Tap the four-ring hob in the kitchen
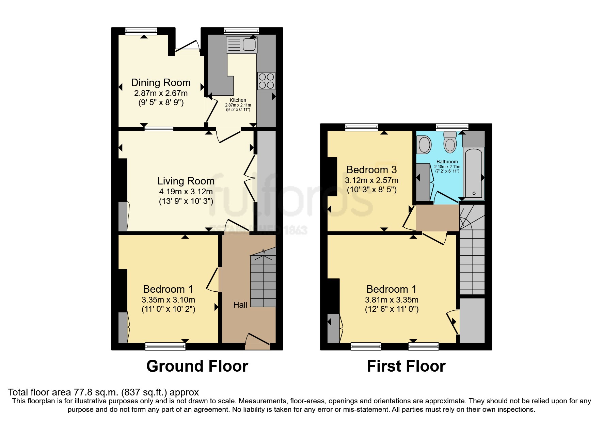tap(266, 81)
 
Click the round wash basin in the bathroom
tap(424, 145)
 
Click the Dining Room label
tap(161, 83)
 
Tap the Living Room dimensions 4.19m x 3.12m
tap(186, 192)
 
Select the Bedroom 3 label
tap(371, 169)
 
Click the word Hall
tap(240, 305)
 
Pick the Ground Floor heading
tap(197, 366)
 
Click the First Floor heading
tap(406, 366)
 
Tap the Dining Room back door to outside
tap(187, 47)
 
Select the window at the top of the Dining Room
tap(141, 31)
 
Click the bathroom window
tap(452, 127)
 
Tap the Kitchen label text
tap(238, 100)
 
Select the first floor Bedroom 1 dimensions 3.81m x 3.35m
tap(392, 300)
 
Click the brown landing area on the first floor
tap(437, 218)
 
